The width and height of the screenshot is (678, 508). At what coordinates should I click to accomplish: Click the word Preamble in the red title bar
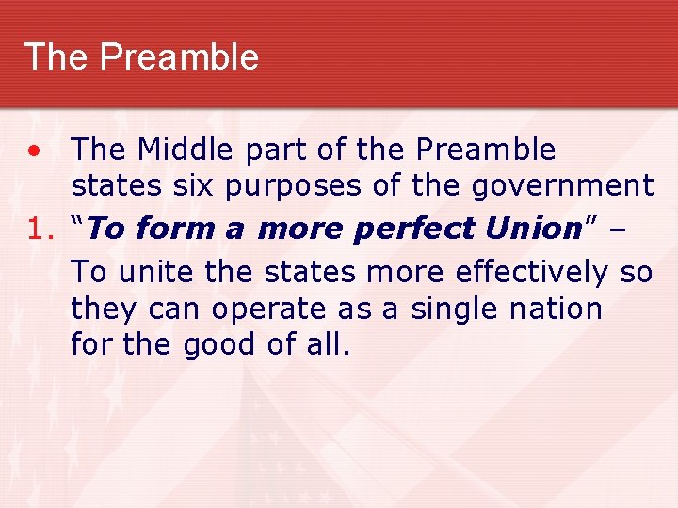179,57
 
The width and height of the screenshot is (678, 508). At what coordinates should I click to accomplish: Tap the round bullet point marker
33,151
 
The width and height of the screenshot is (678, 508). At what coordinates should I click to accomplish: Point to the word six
201,186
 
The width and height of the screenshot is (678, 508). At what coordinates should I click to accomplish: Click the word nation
557,310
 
